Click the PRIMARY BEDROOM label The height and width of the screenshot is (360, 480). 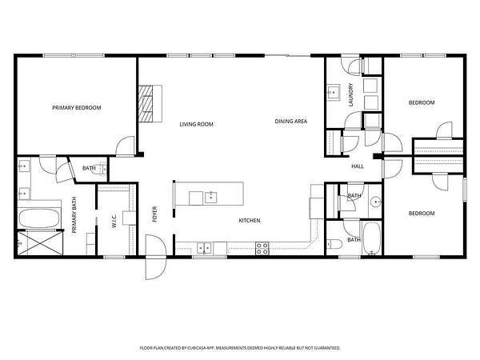(x=77, y=108)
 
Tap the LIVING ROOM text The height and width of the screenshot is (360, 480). (x=196, y=124)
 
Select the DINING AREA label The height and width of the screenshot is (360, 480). (x=291, y=122)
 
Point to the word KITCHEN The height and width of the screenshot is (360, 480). (x=250, y=221)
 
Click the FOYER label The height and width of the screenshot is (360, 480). (x=154, y=214)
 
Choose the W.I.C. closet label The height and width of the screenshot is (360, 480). (x=114, y=221)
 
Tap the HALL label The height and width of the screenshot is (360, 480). (x=358, y=166)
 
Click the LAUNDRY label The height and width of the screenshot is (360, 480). (x=351, y=94)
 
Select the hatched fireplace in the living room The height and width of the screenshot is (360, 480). (x=146, y=104)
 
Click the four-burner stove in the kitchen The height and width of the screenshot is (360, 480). (x=262, y=248)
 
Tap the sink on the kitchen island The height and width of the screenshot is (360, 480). (x=211, y=198)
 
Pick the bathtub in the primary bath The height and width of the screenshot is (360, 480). (x=39, y=218)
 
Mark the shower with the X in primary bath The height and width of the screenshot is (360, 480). (x=40, y=243)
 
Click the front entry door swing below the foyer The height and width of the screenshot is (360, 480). (x=156, y=257)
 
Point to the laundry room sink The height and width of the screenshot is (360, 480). (x=333, y=92)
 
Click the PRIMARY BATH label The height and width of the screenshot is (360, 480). (x=74, y=215)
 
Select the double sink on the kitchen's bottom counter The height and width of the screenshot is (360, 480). (x=205, y=248)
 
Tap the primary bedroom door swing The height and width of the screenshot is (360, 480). (x=126, y=146)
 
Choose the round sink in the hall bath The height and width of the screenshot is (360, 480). (x=376, y=202)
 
